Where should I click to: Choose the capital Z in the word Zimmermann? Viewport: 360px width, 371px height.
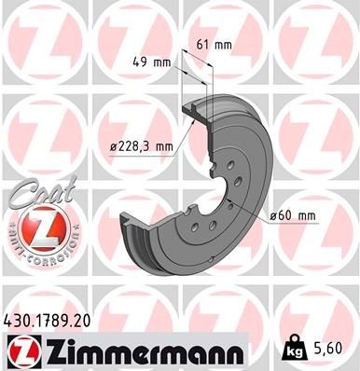tap(51, 350)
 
